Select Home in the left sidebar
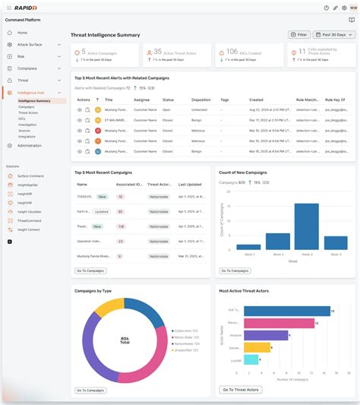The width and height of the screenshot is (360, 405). point(22,33)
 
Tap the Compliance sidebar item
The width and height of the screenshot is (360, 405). point(27,68)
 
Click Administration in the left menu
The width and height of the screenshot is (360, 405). point(30,145)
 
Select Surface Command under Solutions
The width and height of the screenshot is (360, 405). point(30,176)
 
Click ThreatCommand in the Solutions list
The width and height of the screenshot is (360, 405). point(30,220)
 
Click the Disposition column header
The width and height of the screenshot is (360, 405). point(201,100)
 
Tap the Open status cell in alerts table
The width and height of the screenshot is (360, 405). point(168,109)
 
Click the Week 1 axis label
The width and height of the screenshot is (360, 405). point(248,254)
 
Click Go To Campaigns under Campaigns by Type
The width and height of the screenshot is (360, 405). point(90,390)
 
